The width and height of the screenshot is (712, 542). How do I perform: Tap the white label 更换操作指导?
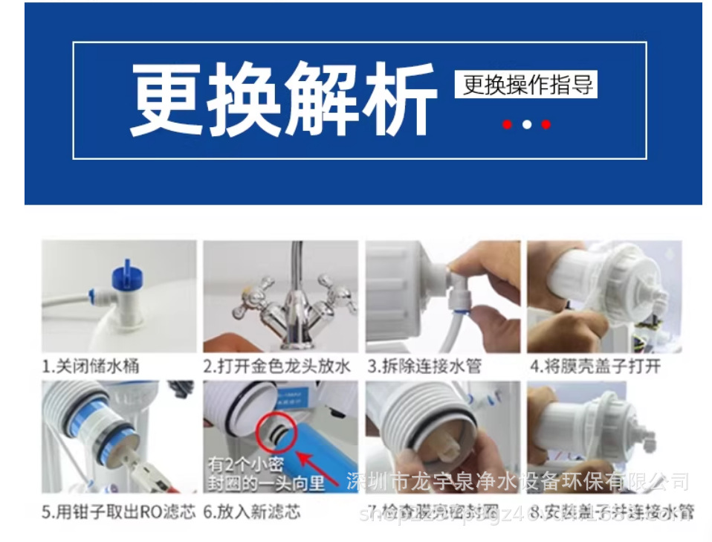coord(526,84)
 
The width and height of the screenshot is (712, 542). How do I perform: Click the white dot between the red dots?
coord(526,125)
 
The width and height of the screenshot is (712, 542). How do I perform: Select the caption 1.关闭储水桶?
coord(89,366)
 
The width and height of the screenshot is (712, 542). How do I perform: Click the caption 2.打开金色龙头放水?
coord(276,366)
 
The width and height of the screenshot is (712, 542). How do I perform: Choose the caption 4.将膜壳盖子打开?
coord(595,366)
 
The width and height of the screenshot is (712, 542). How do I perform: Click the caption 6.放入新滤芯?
coord(252,512)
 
